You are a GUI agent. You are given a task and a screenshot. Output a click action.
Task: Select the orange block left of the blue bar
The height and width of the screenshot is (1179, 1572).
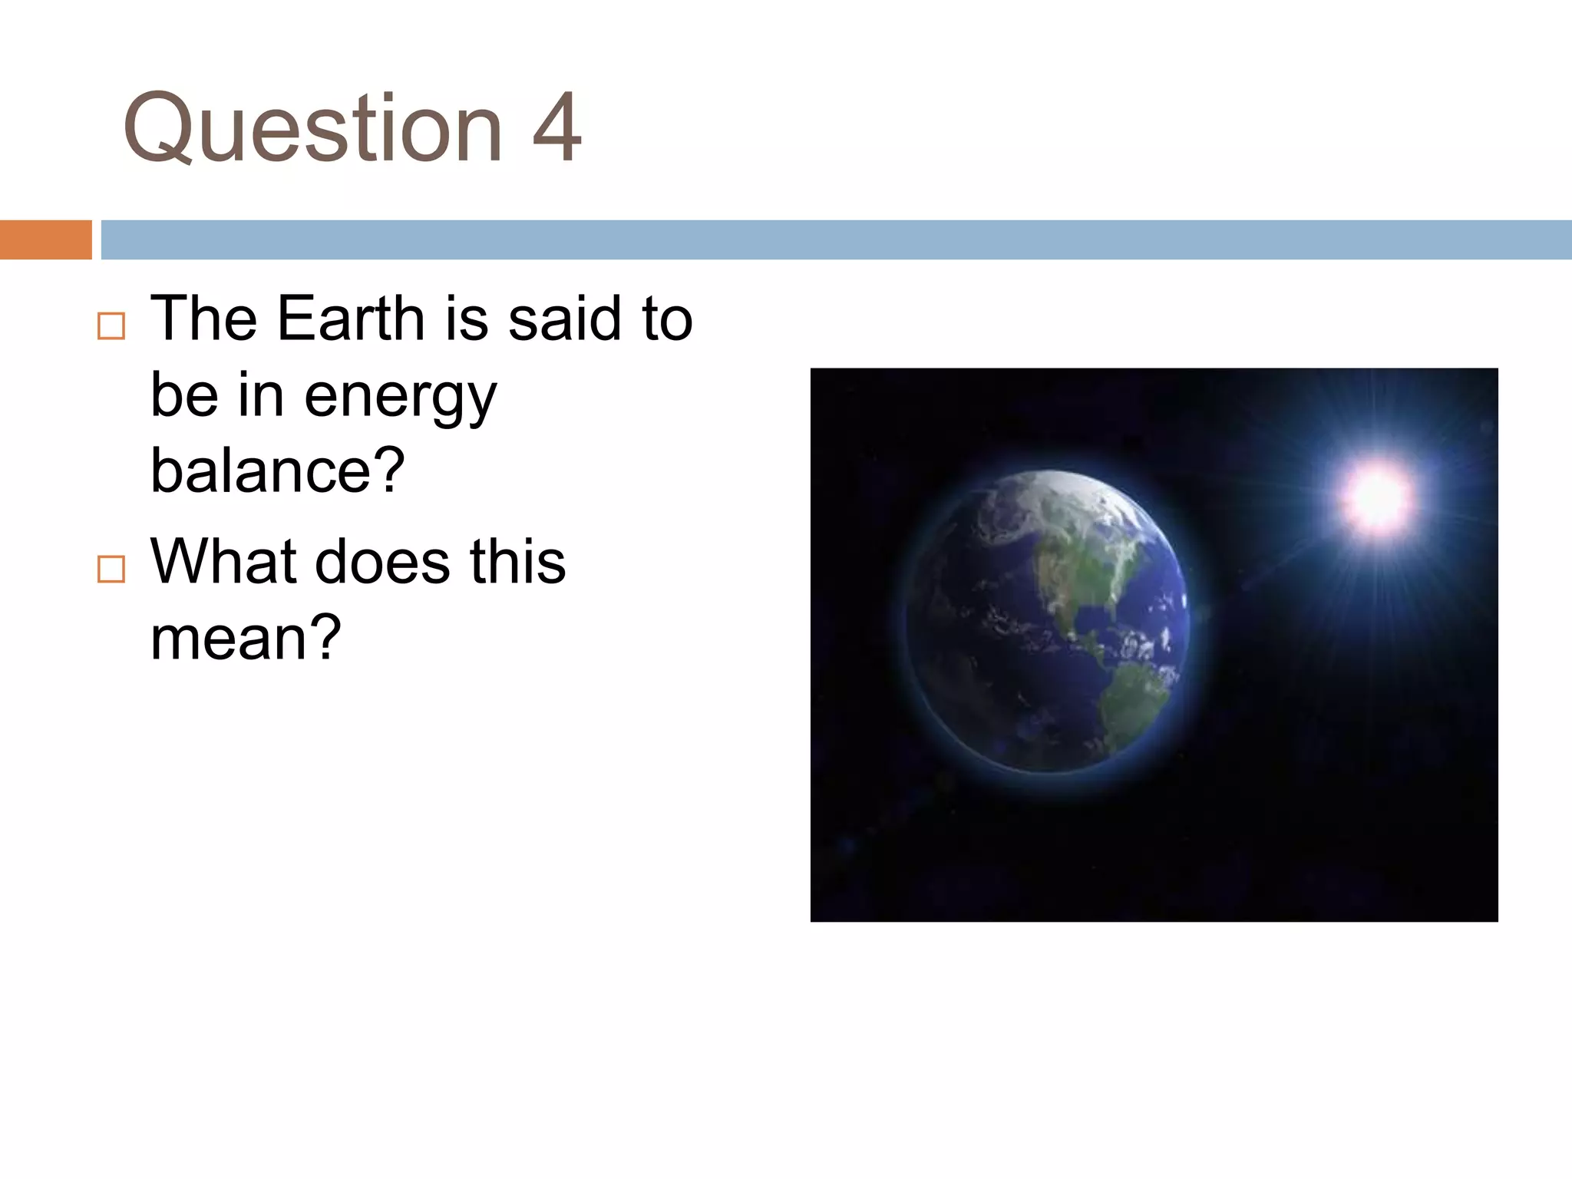45,239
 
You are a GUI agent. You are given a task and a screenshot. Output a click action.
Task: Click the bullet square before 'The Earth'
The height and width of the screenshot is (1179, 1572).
111,326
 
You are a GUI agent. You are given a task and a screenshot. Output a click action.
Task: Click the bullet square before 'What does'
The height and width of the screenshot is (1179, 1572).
111,569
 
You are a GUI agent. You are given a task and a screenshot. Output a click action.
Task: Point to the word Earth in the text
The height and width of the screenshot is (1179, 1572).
351,318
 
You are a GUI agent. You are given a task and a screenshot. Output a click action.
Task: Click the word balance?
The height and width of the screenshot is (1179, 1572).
277,470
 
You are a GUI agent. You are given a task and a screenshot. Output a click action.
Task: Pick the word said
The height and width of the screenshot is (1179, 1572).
565,318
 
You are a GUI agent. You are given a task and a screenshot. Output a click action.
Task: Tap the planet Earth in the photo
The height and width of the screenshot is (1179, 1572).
1048,622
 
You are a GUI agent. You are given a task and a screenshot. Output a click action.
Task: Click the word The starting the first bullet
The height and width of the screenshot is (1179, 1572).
203,318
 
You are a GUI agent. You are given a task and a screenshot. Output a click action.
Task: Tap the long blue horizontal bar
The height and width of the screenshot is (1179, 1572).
836,239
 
